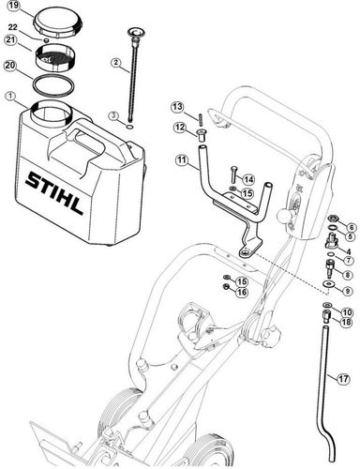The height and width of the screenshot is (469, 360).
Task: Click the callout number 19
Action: pyautogui.click(x=14, y=6)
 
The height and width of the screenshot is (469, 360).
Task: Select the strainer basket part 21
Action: pyautogui.click(x=56, y=56)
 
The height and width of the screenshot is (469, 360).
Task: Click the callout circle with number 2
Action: pyautogui.click(x=116, y=63)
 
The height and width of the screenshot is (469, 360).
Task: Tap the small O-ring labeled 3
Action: pyautogui.click(x=130, y=127)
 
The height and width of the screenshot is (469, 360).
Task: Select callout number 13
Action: pyautogui.click(x=177, y=107)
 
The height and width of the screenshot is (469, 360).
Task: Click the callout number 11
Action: pyautogui.click(x=182, y=160)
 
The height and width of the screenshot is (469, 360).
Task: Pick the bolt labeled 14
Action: pyautogui.click(x=233, y=174)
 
